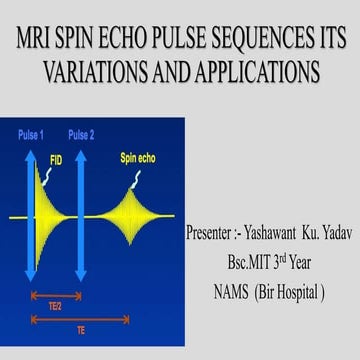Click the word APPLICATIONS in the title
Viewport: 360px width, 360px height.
(254, 74)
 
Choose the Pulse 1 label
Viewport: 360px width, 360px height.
(30, 133)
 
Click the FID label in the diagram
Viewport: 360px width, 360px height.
(57, 156)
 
